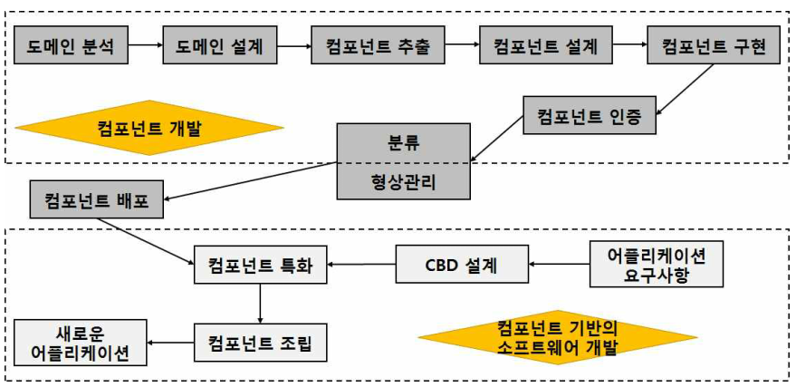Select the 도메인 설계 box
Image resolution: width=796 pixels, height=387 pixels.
219,45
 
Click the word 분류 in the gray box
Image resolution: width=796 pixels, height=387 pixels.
405,143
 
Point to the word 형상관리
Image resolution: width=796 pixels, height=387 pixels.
405,179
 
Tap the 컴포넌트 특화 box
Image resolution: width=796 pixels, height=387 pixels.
261,265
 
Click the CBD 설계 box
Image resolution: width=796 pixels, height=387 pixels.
463,265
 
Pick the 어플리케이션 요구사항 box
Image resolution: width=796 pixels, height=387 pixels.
657,264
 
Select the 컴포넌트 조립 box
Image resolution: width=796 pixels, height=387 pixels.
261,343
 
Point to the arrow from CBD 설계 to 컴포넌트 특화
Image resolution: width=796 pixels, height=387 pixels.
361,265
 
